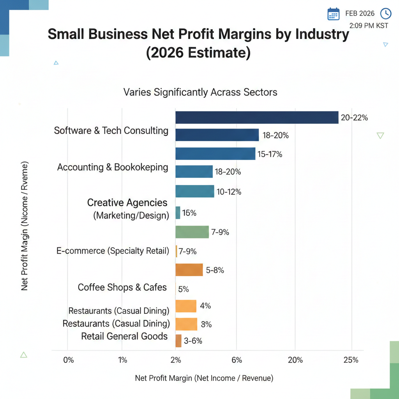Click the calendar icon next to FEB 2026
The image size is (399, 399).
(334, 14)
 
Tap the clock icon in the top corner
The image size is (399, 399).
(385, 13)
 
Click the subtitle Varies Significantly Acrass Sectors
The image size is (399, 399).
(200, 92)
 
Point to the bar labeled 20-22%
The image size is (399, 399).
(257, 117)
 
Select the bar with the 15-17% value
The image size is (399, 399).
(215, 154)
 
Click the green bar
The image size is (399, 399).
(192, 232)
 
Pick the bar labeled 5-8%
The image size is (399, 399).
(189, 270)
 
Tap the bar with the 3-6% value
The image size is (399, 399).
(178, 341)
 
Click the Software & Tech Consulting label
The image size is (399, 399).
(111, 131)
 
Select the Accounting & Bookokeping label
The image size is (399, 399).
(113, 168)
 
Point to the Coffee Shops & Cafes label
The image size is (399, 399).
(122, 288)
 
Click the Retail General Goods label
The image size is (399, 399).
(124, 336)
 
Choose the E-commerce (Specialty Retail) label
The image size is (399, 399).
(113, 251)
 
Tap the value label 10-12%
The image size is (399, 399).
(229, 192)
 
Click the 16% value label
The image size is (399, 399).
(189, 213)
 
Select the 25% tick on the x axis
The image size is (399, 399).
(351, 360)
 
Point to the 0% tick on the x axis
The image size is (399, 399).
(68, 360)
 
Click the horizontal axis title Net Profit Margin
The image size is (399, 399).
(204, 378)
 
